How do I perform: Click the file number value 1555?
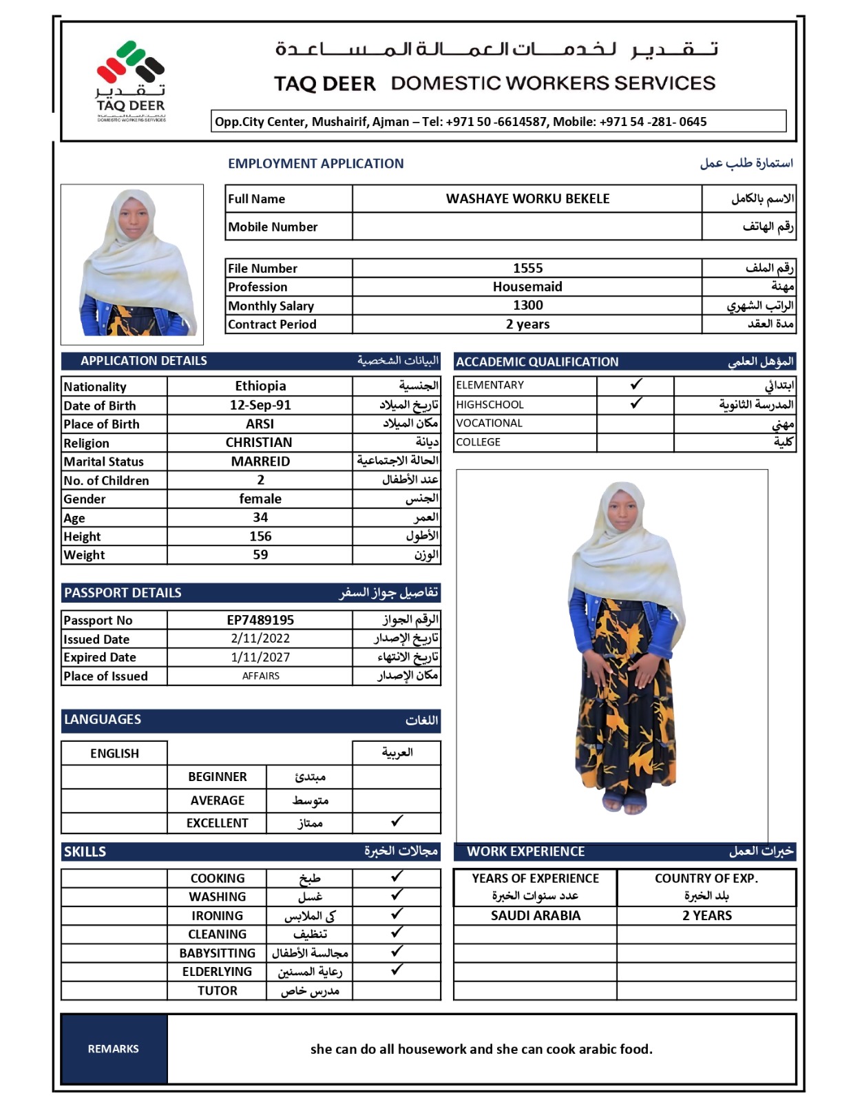pos(527,268)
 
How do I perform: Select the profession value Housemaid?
pos(527,287)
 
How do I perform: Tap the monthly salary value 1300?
pos(527,305)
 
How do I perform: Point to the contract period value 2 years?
pos(527,324)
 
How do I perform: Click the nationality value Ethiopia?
pos(260,386)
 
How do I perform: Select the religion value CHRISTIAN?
pos(259,442)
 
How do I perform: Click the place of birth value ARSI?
pos(260,424)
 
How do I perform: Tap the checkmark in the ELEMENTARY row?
pos(636,384)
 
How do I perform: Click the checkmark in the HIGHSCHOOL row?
pos(636,403)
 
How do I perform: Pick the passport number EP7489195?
pos(260,620)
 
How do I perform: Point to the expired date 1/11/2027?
pos(260,657)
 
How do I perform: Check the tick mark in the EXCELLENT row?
pos(397,821)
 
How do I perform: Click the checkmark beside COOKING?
pos(397,876)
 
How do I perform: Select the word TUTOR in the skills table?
pos(217,990)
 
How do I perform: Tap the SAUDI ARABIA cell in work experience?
pos(535,915)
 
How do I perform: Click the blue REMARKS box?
pos(114,1048)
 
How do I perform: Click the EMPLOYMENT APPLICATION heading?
pos(315,163)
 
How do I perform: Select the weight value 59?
pos(260,554)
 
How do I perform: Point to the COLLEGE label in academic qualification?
pos(478,442)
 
